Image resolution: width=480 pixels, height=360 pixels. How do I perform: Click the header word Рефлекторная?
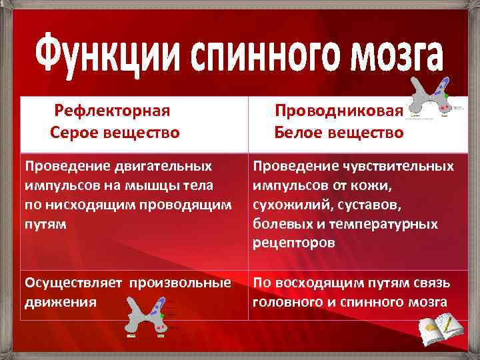(x=113, y=110)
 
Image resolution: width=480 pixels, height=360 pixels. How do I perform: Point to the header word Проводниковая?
(x=339, y=110)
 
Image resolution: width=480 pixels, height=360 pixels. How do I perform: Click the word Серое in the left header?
(x=74, y=133)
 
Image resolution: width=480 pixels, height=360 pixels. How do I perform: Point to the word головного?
(x=291, y=301)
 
